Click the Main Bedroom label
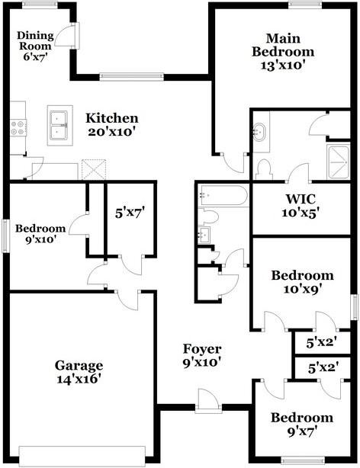coord(283,52)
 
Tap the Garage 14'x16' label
coord(79,372)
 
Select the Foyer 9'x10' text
coord(202,355)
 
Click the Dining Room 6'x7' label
coord(35,46)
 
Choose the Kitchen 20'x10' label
coord(112,124)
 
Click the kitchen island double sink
coord(59,125)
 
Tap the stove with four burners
coord(18,127)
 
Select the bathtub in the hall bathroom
coord(223,195)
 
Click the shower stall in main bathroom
coord(338,162)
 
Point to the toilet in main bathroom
coord(264,169)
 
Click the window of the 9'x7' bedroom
coord(303,461)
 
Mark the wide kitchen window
coord(131,77)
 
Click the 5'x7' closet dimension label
coord(130,213)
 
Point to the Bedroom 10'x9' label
coord(302,282)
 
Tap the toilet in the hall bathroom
coord(209,216)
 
